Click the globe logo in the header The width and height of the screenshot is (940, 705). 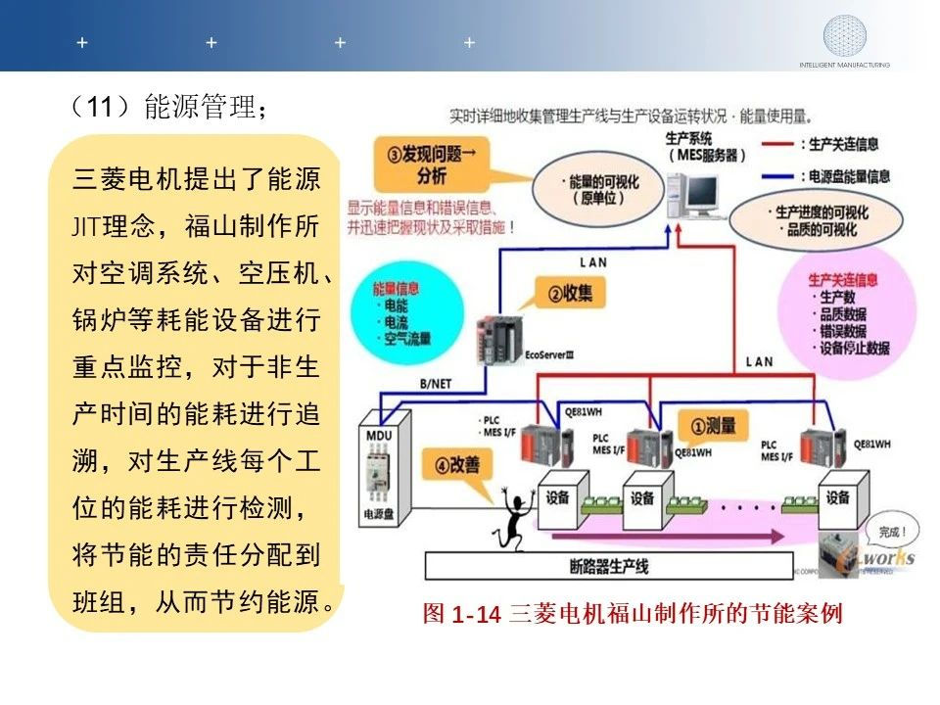click(844, 35)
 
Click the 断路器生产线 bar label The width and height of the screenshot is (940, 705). click(608, 566)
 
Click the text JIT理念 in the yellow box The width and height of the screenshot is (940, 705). click(114, 227)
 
